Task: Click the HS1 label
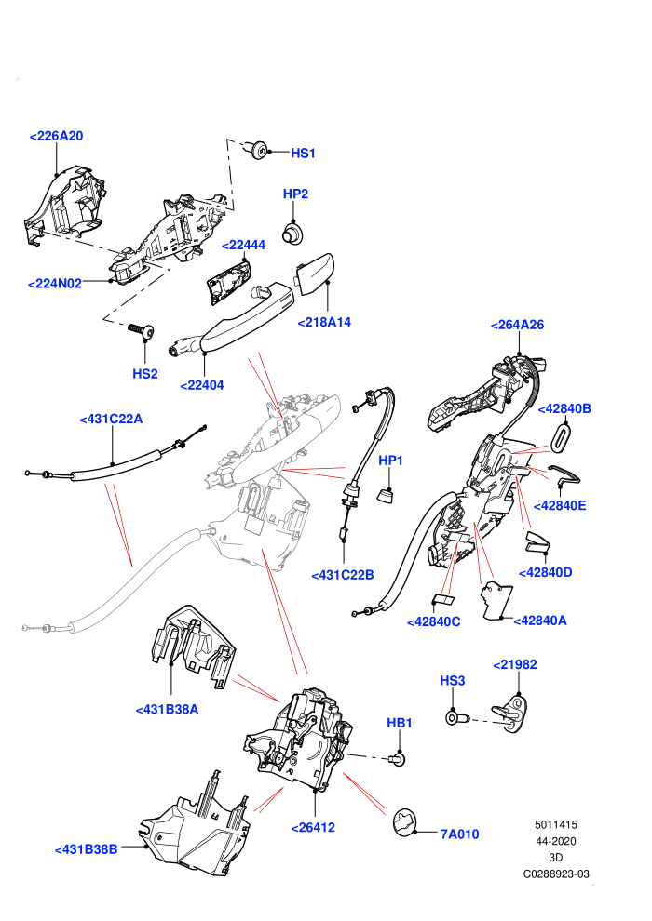point(303,153)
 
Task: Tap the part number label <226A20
point(57,136)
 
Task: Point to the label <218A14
point(324,322)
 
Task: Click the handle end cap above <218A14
point(314,274)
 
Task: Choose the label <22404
point(202,385)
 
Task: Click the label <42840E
point(560,506)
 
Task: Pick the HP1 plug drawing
point(386,495)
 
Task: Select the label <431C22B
point(343,575)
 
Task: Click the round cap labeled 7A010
point(404,822)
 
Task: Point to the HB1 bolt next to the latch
point(398,760)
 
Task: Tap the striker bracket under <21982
point(509,713)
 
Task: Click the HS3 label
point(452,681)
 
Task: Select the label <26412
point(313,828)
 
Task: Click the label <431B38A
point(167,710)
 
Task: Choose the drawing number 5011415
point(555,824)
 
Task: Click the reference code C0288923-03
point(555,874)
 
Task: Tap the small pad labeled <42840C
point(444,600)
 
